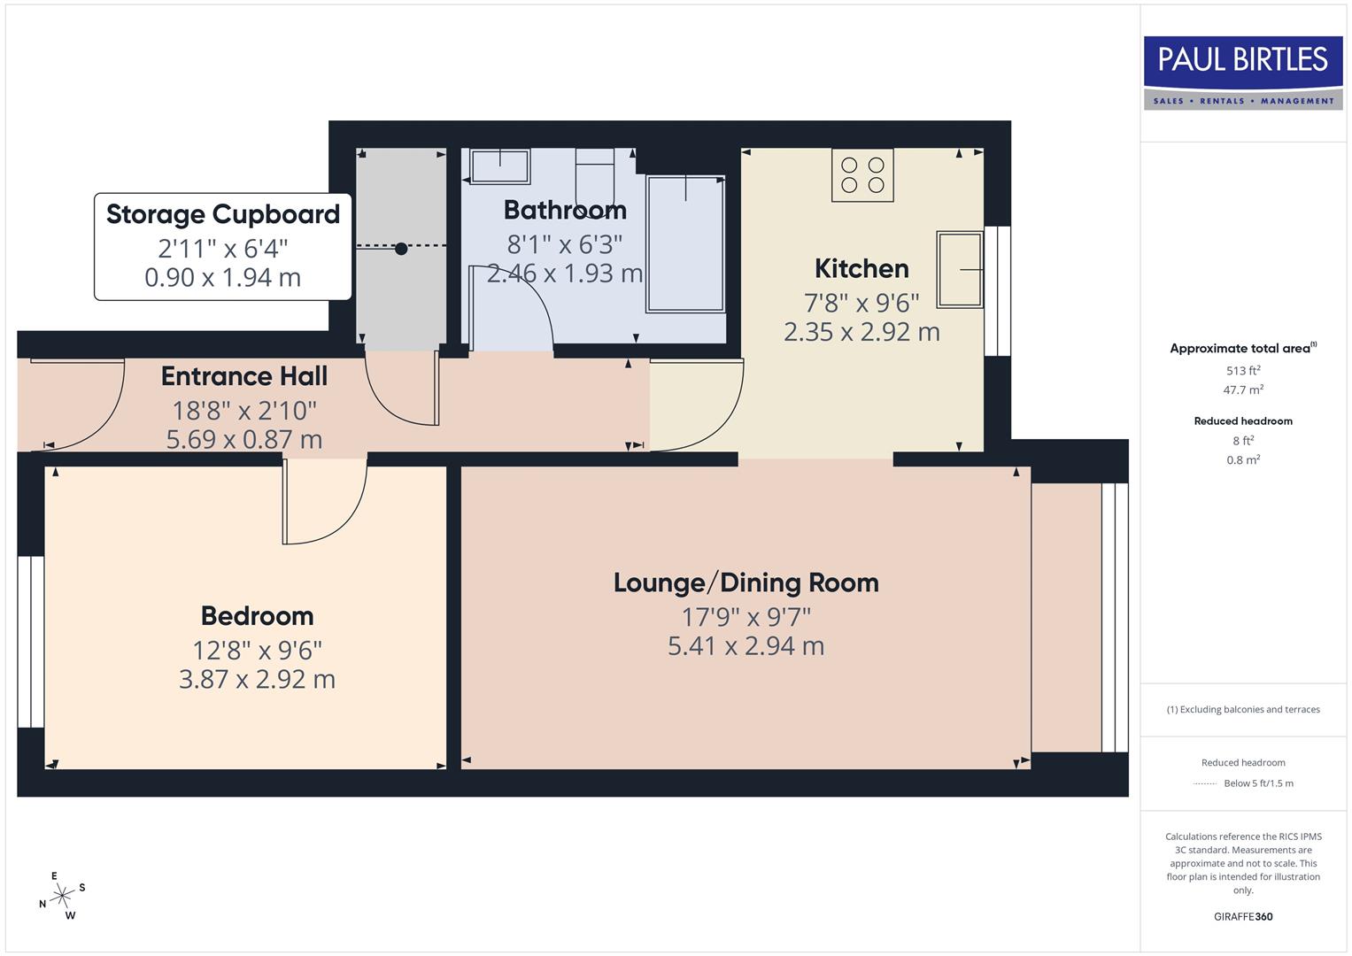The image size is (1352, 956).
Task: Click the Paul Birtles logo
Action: point(1243,73)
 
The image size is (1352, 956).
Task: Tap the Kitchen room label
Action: point(861,268)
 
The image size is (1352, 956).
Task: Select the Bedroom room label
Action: point(257,616)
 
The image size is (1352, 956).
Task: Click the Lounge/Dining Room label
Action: point(746,582)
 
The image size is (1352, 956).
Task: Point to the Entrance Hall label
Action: point(244,376)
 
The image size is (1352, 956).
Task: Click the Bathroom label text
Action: point(565,210)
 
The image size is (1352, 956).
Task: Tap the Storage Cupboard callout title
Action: point(223,214)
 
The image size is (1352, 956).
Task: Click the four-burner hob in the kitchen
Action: point(862,175)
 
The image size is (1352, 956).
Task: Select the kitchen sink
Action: point(959,269)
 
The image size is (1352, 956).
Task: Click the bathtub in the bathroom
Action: point(685,243)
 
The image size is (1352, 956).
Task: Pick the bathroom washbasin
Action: point(499,166)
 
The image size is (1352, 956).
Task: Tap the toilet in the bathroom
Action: point(595,177)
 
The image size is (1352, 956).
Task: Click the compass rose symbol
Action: point(62,896)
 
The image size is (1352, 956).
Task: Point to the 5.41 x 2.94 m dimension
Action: point(746,646)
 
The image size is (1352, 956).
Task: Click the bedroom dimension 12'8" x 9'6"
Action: point(257,651)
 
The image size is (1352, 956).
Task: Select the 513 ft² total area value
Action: point(1242,371)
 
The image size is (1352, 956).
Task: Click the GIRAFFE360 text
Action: point(1242,916)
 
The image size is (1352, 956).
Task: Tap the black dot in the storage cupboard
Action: point(401,249)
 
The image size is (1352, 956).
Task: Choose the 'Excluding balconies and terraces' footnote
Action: point(1243,709)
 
